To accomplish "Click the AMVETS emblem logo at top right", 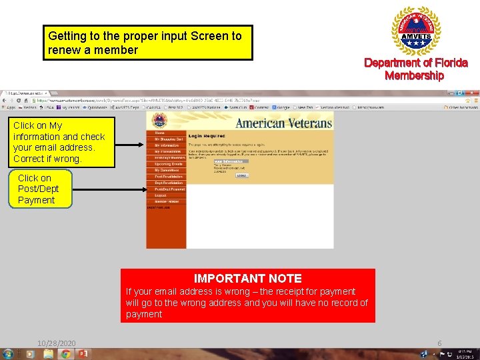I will (415, 31).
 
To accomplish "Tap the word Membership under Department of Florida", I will (414, 75).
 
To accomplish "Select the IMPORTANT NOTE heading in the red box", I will (247, 279).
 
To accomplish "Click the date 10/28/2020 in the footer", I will (57, 343).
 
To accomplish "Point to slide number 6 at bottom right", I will (439, 343).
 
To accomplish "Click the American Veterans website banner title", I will (283, 123).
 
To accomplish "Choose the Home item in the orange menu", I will (160, 133).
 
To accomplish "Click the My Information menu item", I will (166, 145).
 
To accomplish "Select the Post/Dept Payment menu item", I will (169, 189).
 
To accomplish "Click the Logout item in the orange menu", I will (161, 195).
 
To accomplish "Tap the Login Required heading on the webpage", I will (207, 135).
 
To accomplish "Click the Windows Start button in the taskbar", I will (8, 353).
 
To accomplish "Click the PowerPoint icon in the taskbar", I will (84, 353).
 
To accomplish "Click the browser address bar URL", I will (133, 100).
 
